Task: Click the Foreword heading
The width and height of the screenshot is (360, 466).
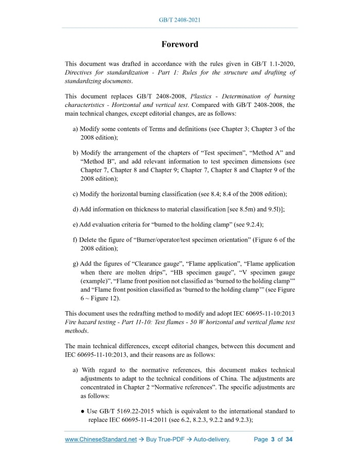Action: (179, 44)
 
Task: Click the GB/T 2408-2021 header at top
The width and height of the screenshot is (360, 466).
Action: (179, 20)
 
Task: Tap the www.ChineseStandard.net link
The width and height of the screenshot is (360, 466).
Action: (101, 440)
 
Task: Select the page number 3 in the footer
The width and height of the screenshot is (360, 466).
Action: (272, 440)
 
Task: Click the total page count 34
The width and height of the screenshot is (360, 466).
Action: (289, 440)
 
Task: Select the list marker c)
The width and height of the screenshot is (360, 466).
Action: (76, 194)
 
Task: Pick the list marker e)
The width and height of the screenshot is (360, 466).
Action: (76, 224)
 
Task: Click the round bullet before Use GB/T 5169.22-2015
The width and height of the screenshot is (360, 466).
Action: (82, 411)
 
